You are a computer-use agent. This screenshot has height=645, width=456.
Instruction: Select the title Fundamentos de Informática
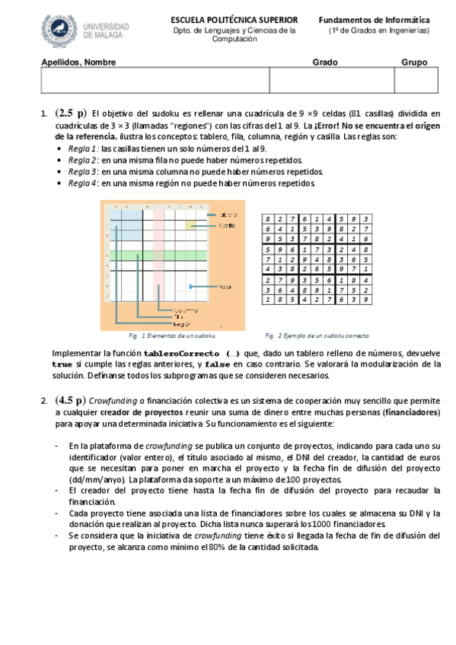click(374, 20)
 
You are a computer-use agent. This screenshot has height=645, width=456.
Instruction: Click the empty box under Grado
click(331, 81)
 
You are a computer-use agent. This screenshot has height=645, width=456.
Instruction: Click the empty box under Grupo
click(414, 81)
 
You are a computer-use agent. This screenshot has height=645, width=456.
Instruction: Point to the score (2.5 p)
click(70, 113)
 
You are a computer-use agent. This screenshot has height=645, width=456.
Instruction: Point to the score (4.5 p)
click(70, 399)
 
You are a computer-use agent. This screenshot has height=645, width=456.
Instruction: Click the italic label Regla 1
click(82, 148)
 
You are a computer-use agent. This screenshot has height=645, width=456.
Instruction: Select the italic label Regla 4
click(82, 183)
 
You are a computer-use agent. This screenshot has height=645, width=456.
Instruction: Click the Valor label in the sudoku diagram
click(225, 287)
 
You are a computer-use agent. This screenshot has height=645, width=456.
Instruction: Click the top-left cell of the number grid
click(268, 219)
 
